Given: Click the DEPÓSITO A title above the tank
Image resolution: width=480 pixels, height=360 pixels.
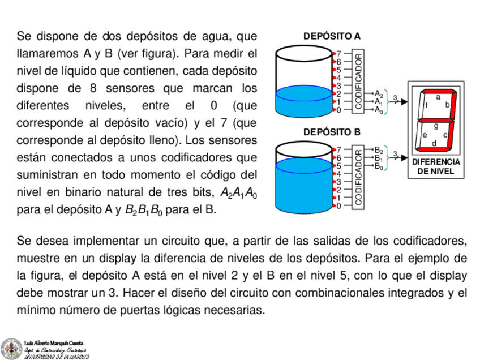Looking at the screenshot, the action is (x=332, y=36).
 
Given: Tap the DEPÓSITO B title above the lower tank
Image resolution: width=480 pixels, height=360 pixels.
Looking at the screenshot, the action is (x=332, y=132).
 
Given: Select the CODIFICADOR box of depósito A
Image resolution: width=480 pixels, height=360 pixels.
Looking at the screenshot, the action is (x=358, y=80).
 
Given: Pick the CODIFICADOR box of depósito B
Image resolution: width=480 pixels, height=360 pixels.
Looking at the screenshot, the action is (x=358, y=177).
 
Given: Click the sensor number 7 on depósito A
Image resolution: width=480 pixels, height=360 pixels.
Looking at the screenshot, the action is (x=339, y=53).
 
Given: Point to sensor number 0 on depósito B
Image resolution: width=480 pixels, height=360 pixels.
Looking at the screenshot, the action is (x=339, y=206).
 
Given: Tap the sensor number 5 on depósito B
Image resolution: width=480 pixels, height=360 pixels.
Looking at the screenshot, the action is (x=339, y=166).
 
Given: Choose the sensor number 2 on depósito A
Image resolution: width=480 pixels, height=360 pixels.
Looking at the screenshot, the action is (x=339, y=94).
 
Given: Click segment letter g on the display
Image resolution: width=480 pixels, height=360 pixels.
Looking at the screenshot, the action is (x=435, y=126).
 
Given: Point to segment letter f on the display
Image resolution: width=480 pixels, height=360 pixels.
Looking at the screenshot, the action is (x=426, y=105).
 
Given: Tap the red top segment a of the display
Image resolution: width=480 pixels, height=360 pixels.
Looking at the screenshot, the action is (x=438, y=92).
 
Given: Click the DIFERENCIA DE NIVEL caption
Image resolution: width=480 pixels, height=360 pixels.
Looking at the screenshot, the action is (x=436, y=166).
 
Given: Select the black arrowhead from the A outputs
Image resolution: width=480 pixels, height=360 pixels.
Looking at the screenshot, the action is (x=404, y=102).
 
